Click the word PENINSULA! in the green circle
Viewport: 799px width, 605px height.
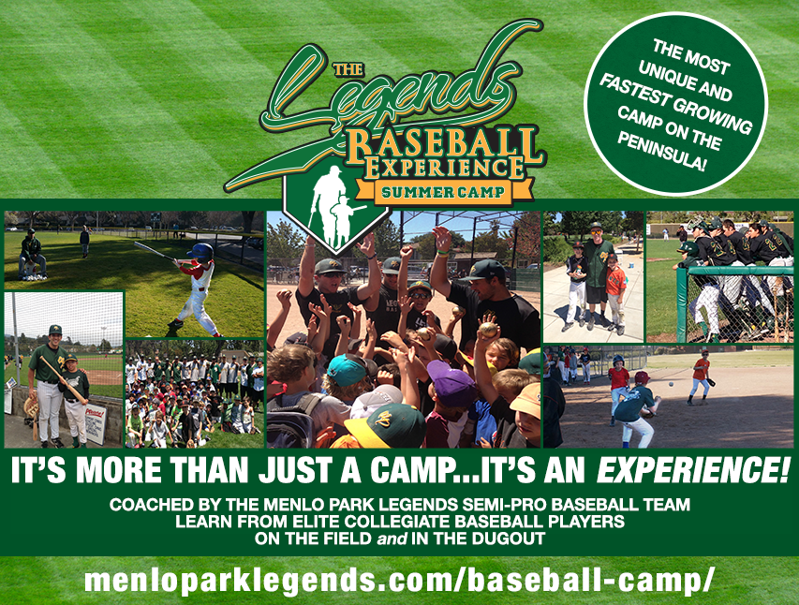[661, 152]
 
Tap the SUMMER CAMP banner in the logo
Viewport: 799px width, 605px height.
[443, 192]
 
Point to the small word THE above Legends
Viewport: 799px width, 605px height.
[348, 69]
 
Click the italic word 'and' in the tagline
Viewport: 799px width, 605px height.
[392, 539]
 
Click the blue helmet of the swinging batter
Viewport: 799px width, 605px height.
[200, 251]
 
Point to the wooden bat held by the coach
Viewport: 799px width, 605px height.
[62, 378]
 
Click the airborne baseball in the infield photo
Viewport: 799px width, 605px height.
[671, 384]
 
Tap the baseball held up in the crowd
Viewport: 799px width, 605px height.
[488, 330]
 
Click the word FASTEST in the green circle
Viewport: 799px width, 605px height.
[632, 91]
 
